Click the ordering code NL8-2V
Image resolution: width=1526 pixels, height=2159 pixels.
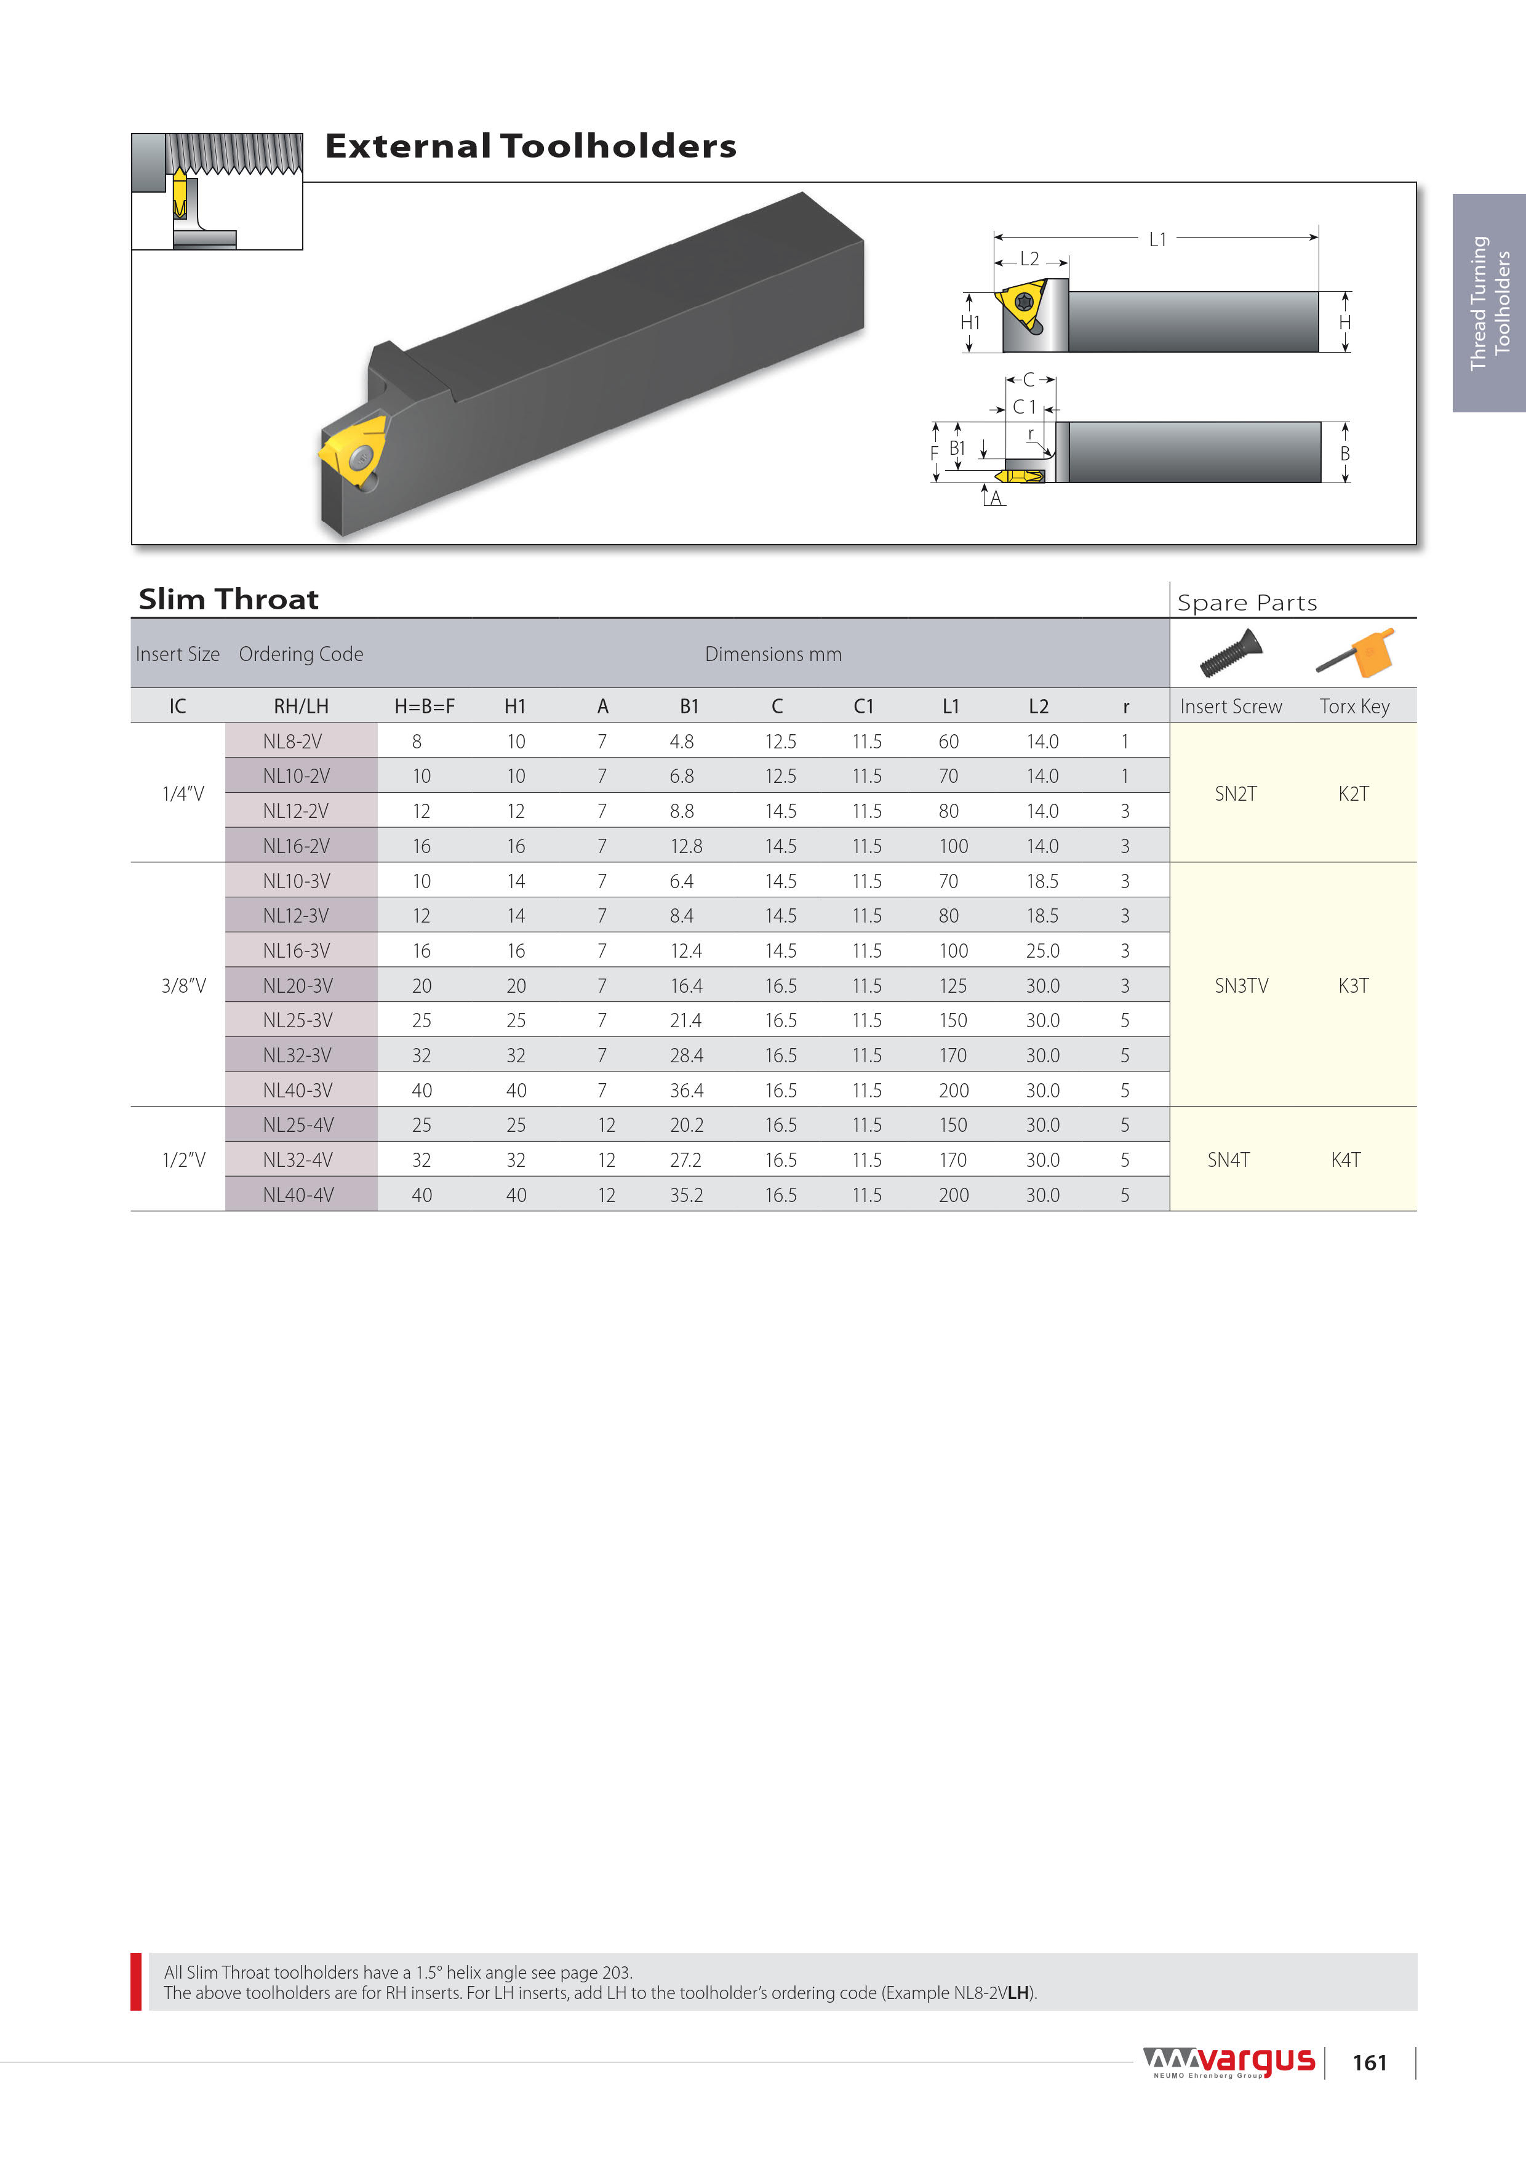pos(292,741)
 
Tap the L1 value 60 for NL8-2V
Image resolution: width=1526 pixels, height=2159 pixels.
pos(949,741)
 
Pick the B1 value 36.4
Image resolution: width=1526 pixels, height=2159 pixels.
pos(686,1090)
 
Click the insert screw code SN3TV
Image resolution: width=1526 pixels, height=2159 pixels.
pos(1241,985)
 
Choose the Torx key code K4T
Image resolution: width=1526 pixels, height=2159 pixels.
pos(1346,1160)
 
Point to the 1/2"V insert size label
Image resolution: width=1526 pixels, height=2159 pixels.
pos(183,1160)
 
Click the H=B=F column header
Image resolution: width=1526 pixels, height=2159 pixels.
pos(424,706)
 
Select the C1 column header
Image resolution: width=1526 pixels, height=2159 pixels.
pos(864,706)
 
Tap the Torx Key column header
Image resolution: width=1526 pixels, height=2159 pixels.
pos(1354,706)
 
